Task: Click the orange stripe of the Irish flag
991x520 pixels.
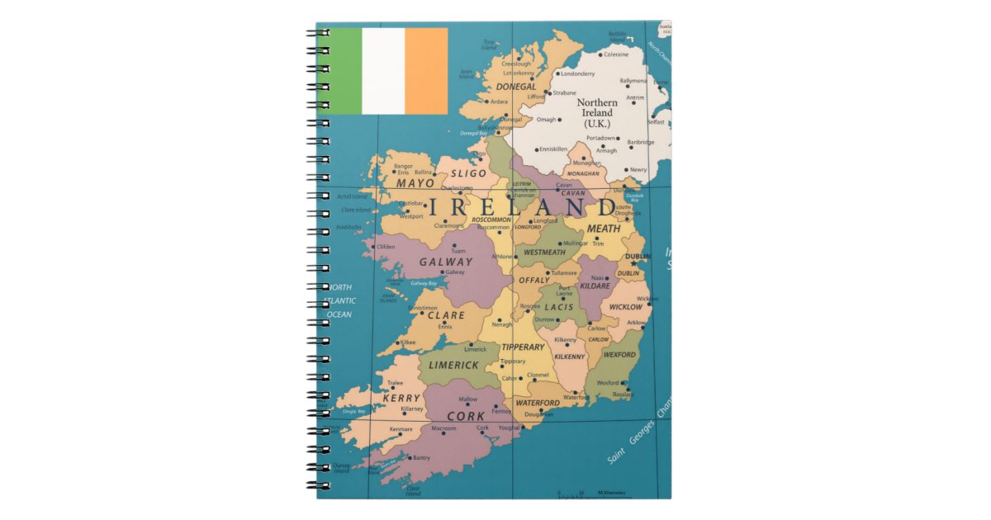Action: click(x=426, y=71)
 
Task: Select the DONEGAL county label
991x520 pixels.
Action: click(x=516, y=87)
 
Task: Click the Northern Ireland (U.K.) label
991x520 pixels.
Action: click(x=596, y=113)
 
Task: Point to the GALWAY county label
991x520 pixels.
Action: click(x=446, y=262)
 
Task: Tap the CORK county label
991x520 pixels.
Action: click(x=466, y=416)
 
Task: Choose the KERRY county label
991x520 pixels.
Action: click(x=402, y=398)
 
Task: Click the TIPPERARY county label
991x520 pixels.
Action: click(x=523, y=347)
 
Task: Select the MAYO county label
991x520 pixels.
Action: click(x=415, y=183)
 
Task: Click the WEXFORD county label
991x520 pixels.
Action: click(x=619, y=355)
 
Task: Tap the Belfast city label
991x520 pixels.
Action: click(x=656, y=122)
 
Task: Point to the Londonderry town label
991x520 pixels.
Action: click(x=578, y=73)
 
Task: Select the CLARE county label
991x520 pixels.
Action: click(x=446, y=315)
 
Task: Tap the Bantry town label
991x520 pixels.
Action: click(x=421, y=457)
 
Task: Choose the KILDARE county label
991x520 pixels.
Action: click(x=595, y=286)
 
